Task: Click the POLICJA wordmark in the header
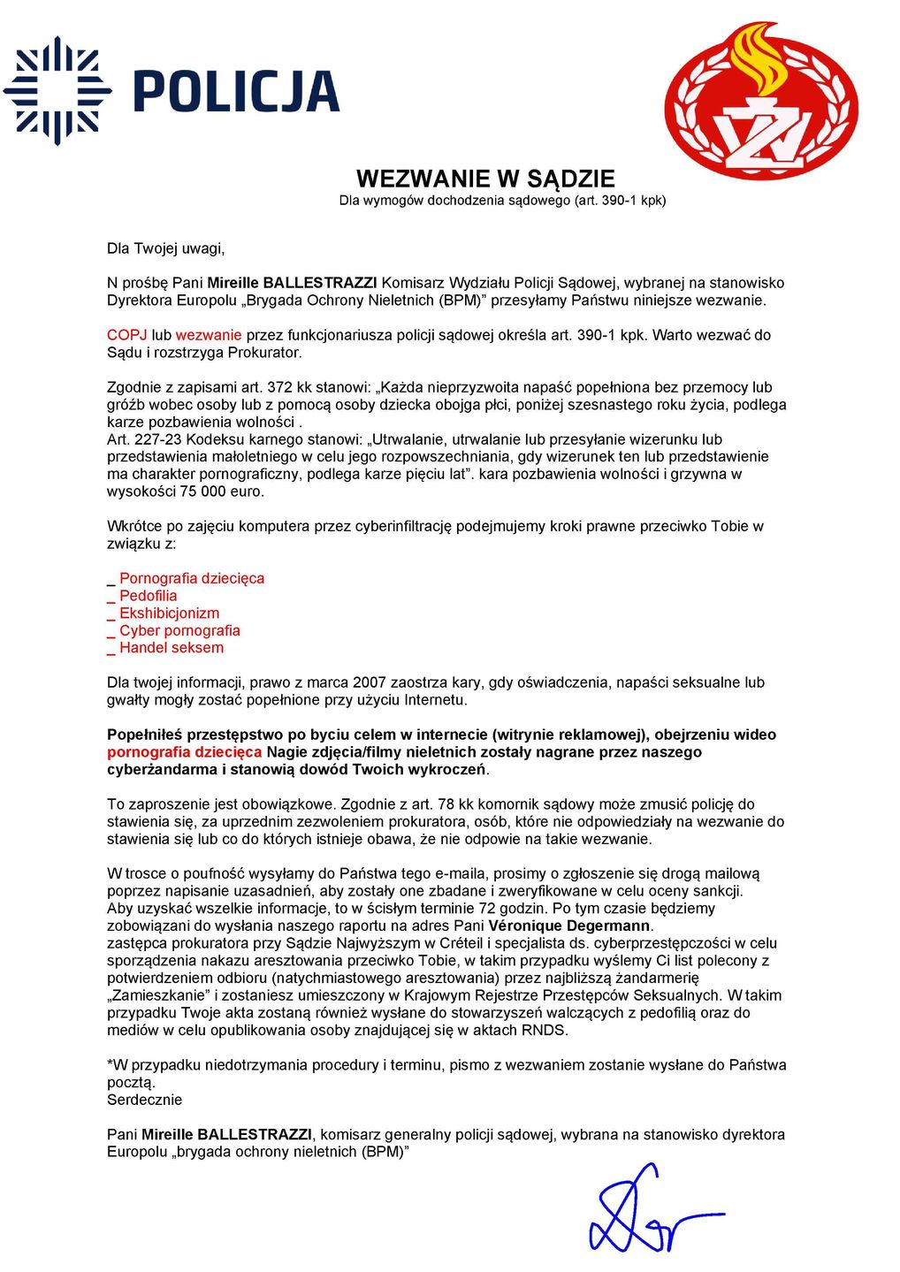point(236,91)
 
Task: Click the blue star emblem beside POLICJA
point(57,90)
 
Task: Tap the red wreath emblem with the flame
point(760,101)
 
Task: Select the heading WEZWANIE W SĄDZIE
point(485,179)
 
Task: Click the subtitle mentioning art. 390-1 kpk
point(502,201)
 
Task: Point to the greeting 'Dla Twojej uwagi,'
point(165,248)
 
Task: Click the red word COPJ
point(126,335)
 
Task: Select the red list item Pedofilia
point(148,596)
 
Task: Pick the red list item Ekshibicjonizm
point(169,613)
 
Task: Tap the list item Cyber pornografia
point(179,630)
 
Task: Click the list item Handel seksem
point(172,648)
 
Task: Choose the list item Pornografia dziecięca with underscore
point(191,578)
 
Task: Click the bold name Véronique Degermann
point(570,926)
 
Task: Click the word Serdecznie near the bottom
point(144,1100)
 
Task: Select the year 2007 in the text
point(369,682)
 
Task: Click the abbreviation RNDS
point(544,1030)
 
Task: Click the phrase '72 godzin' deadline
point(513,909)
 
